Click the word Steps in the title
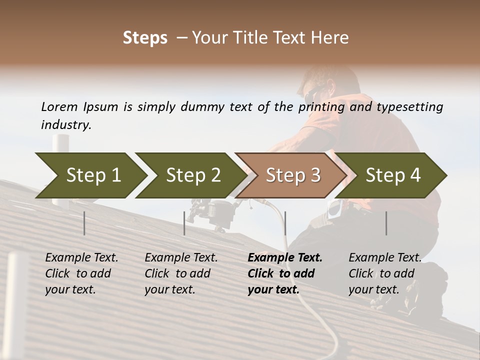tap(145, 38)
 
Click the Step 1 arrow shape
tap(90, 175)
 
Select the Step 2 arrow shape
tap(190, 175)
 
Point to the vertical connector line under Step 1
tap(84, 223)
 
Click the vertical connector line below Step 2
tap(184, 223)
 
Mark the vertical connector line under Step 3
tap(285, 223)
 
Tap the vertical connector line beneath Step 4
tap(386, 223)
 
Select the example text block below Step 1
tap(81, 273)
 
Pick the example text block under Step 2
tap(181, 273)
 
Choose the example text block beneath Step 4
tap(384, 273)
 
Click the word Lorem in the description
tap(59, 107)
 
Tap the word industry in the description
tap(65, 125)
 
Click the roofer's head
tap(320, 87)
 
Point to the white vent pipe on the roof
tap(60, 145)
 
